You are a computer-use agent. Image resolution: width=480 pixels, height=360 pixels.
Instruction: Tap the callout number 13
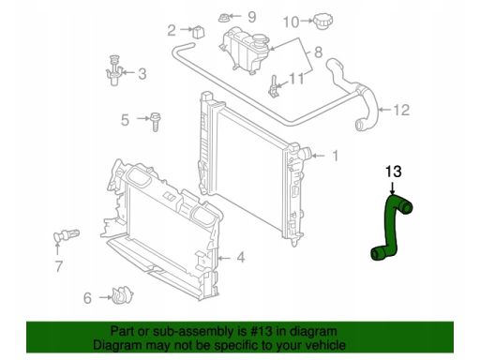394,172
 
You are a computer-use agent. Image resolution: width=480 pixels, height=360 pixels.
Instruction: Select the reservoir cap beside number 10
323,22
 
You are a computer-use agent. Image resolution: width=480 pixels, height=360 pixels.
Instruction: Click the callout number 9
252,17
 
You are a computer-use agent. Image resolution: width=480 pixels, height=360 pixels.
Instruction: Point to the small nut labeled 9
223,18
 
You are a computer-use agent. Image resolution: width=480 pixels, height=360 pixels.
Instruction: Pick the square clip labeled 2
198,32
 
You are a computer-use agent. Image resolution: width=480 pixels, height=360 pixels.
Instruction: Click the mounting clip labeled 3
114,71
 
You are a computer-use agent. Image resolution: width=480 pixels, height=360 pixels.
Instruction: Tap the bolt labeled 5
155,122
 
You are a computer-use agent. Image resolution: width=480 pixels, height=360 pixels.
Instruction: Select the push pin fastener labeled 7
66,235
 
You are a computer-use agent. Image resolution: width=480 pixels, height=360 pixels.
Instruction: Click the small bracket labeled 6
122,295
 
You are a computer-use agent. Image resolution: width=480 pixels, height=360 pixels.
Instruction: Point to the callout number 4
240,258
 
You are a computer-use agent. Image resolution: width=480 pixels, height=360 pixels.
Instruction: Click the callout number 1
336,156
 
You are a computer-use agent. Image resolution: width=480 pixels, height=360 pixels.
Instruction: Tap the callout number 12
401,110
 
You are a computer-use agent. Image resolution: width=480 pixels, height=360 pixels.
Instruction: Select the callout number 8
318,52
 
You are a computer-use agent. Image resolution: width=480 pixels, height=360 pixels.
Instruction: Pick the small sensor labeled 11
274,86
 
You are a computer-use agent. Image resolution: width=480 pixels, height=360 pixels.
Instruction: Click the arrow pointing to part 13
393,187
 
